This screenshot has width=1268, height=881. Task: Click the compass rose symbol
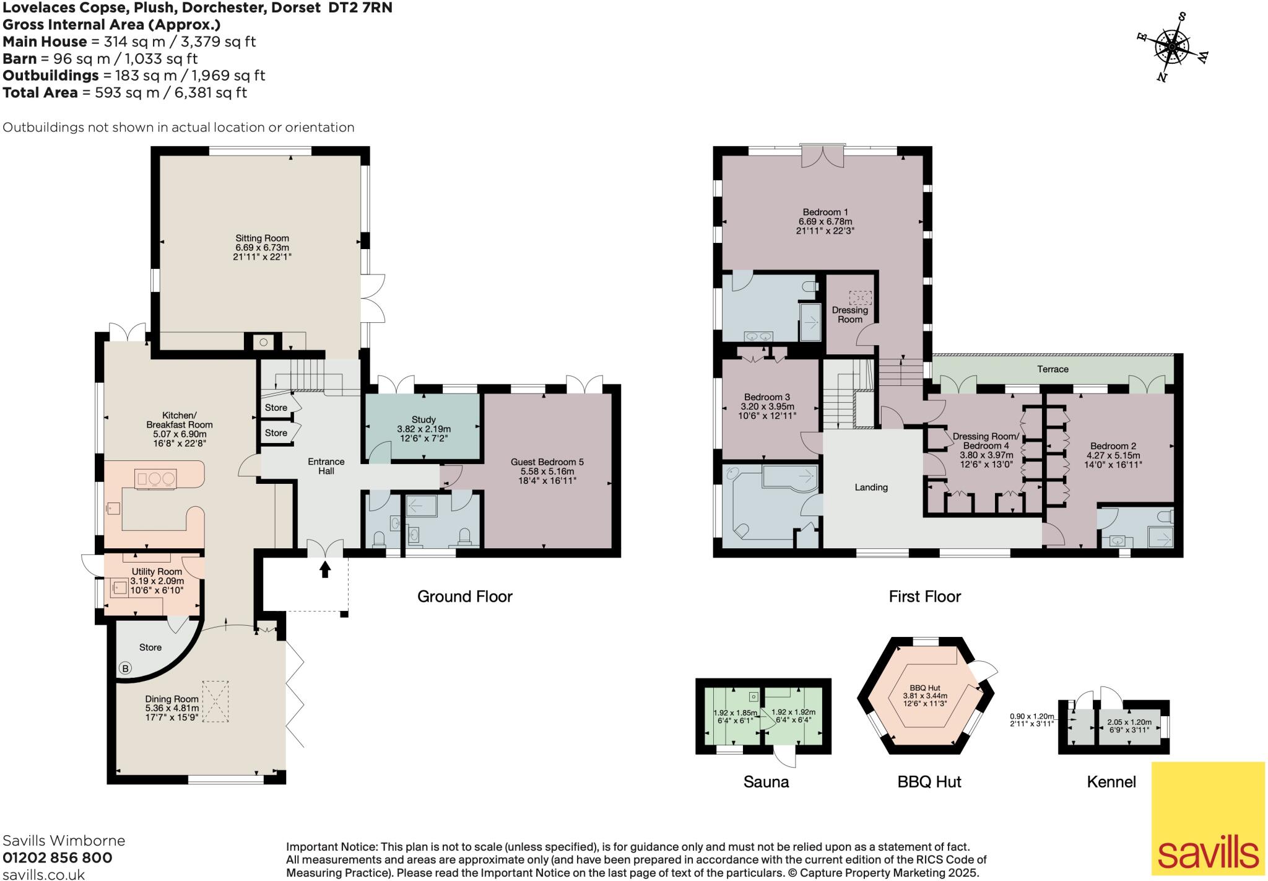coord(1172,47)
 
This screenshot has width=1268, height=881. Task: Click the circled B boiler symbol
coord(126,668)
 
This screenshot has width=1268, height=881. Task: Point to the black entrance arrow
coord(325,569)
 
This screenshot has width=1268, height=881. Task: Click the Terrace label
coord(1053,369)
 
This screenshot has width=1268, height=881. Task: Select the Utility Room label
coord(157,571)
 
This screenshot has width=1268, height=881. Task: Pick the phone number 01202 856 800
coord(58,858)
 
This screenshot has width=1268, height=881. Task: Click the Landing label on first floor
coord(871,488)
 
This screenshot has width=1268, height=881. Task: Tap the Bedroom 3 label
coord(767,397)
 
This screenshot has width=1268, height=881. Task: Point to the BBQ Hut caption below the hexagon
coord(929,782)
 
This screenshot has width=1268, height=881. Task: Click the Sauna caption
coord(766,782)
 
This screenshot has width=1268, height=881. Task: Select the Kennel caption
coord(1111,782)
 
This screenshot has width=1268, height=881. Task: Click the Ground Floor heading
coord(464,597)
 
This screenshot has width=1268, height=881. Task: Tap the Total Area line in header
coord(124,93)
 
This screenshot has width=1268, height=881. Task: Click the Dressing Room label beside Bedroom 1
coord(849,315)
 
